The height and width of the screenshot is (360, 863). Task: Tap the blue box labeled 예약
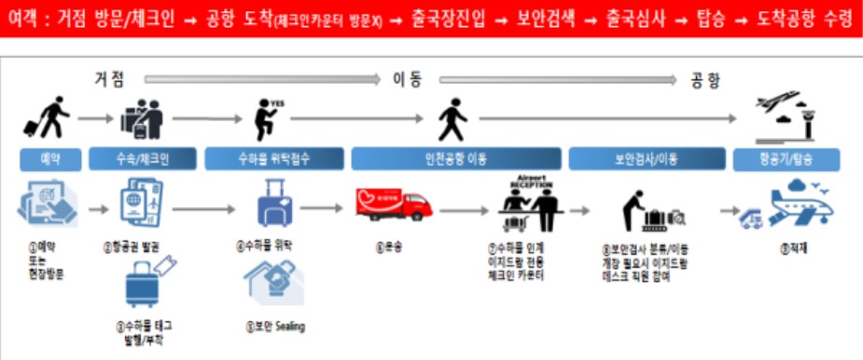(52, 158)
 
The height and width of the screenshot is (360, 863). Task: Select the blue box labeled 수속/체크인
(142, 158)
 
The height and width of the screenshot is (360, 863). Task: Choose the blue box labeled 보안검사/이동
(643, 158)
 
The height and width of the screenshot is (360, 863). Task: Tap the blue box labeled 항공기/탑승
(786, 158)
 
